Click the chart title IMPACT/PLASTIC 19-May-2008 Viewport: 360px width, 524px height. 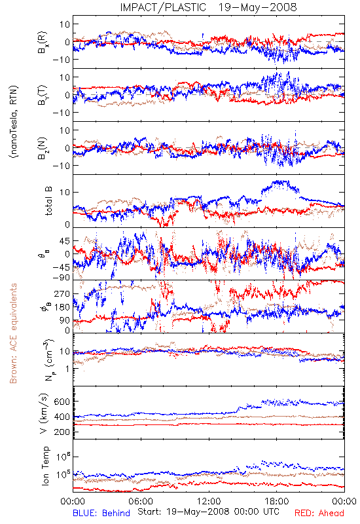tap(208, 7)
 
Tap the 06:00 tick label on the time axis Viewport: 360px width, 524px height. tap(141, 501)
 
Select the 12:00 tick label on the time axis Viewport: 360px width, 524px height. tap(209, 501)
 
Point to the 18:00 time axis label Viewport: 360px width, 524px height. tap(277, 501)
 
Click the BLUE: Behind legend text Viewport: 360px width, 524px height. tap(101, 513)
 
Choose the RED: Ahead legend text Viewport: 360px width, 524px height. tap(319, 513)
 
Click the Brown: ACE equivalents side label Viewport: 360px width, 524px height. tap(13, 333)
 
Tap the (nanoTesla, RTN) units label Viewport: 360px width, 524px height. tap(14, 122)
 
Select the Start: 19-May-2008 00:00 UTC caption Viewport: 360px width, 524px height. tap(208, 512)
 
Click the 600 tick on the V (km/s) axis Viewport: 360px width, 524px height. tap(62, 402)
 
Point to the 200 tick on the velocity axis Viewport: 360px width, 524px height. tap(62, 432)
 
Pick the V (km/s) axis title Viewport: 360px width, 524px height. tap(44, 413)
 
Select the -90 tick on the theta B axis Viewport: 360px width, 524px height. tap(61, 278)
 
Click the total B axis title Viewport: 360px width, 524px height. tap(48, 201)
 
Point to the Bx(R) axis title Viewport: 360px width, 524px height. tap(42, 42)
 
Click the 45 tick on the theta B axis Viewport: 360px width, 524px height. tap(64, 241)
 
